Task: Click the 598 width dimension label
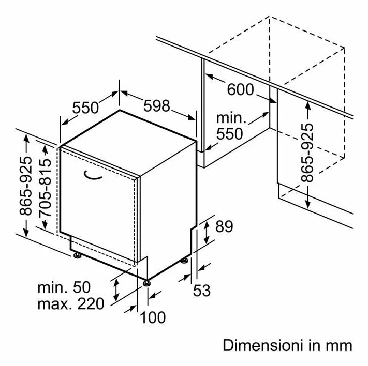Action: (156, 106)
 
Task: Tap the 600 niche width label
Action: (240, 89)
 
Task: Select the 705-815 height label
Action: (45, 188)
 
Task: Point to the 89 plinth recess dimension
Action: (224, 226)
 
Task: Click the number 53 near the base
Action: (202, 291)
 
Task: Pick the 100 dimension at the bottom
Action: (153, 317)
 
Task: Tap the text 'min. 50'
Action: (64, 287)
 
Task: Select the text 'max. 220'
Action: (70, 303)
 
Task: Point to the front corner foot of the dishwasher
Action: (146, 283)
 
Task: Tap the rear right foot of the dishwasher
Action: (184, 260)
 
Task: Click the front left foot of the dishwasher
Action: (77, 255)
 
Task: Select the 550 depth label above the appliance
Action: (85, 108)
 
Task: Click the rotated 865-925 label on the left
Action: (25, 186)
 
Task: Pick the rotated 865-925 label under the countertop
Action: (307, 152)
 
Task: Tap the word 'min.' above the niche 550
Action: (231, 118)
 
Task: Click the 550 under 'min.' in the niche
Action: (229, 134)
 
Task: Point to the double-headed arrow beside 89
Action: (207, 232)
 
